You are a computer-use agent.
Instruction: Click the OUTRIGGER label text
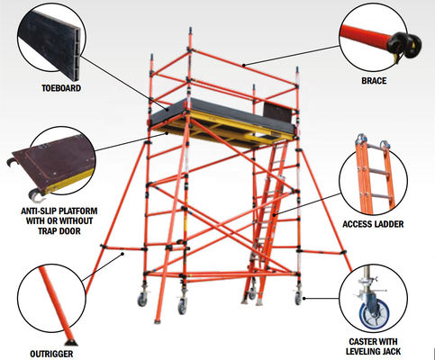click(x=57, y=353)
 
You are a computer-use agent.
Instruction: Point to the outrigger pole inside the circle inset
click(x=56, y=306)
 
